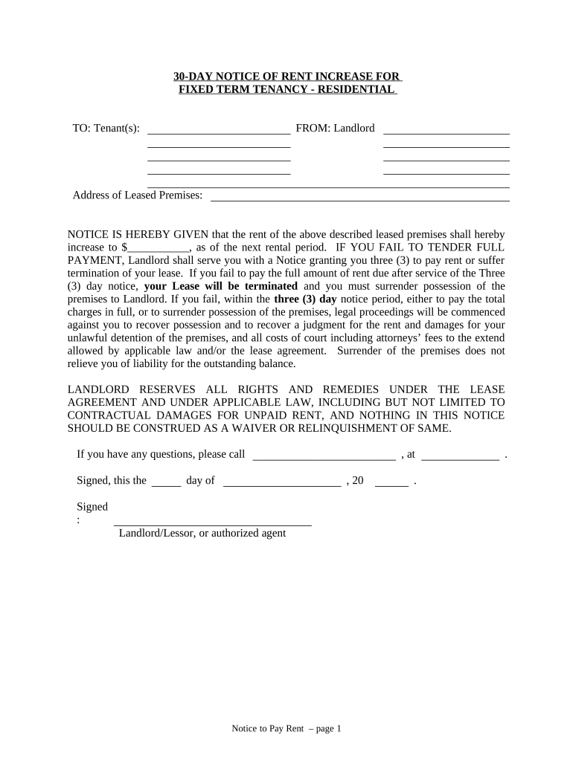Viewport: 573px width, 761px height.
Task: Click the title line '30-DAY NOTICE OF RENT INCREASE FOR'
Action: tap(286, 77)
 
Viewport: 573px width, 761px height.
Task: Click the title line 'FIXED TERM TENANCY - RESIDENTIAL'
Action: tap(286, 90)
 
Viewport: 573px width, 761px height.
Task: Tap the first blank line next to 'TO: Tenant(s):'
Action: tap(219, 131)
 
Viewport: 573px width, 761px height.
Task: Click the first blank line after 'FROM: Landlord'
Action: tap(446, 131)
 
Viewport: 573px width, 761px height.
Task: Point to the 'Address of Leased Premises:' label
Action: tap(138, 195)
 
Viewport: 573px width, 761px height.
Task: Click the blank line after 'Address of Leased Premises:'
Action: tap(360, 198)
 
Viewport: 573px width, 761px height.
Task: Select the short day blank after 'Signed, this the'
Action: tap(167, 484)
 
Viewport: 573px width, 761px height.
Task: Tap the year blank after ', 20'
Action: tap(392, 484)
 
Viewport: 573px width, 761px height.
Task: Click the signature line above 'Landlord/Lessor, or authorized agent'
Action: tap(212, 523)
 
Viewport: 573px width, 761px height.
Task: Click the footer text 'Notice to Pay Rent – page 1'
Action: tap(286, 729)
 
